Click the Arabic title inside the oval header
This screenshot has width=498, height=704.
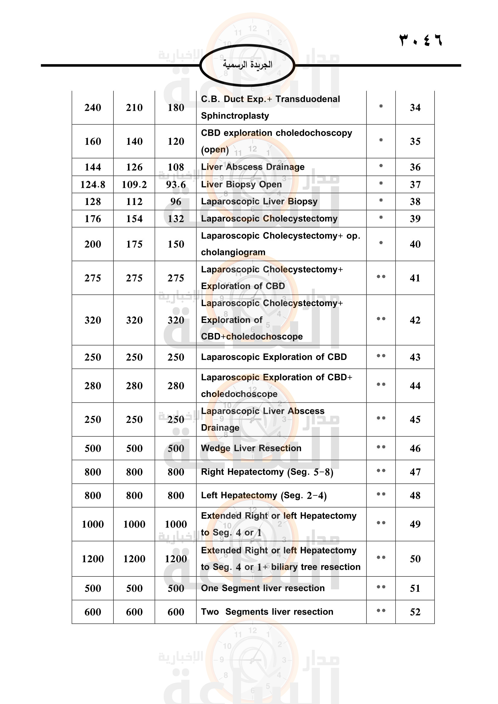(247, 65)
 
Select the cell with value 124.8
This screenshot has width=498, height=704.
(93, 185)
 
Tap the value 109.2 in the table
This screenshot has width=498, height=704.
(134, 185)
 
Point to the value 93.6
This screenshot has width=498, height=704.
(176, 185)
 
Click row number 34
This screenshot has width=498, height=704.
(415, 108)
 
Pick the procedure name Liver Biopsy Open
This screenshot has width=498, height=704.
(241, 184)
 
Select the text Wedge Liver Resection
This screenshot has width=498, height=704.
(251, 448)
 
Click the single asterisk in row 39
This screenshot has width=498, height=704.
(381, 218)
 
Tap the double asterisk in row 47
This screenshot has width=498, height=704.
(381, 471)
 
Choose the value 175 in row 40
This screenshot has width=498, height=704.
(134, 244)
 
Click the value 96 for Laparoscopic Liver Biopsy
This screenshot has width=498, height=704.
(176, 202)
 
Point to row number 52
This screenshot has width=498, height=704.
(415, 612)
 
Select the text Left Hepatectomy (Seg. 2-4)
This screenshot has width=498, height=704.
(264, 495)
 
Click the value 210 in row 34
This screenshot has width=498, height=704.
(134, 108)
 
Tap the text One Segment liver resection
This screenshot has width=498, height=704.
(263, 588)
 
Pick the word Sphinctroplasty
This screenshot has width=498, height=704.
(235, 116)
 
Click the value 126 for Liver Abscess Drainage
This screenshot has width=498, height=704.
(134, 167)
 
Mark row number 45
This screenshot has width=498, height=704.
(415, 420)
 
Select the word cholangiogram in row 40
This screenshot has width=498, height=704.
(233, 252)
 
